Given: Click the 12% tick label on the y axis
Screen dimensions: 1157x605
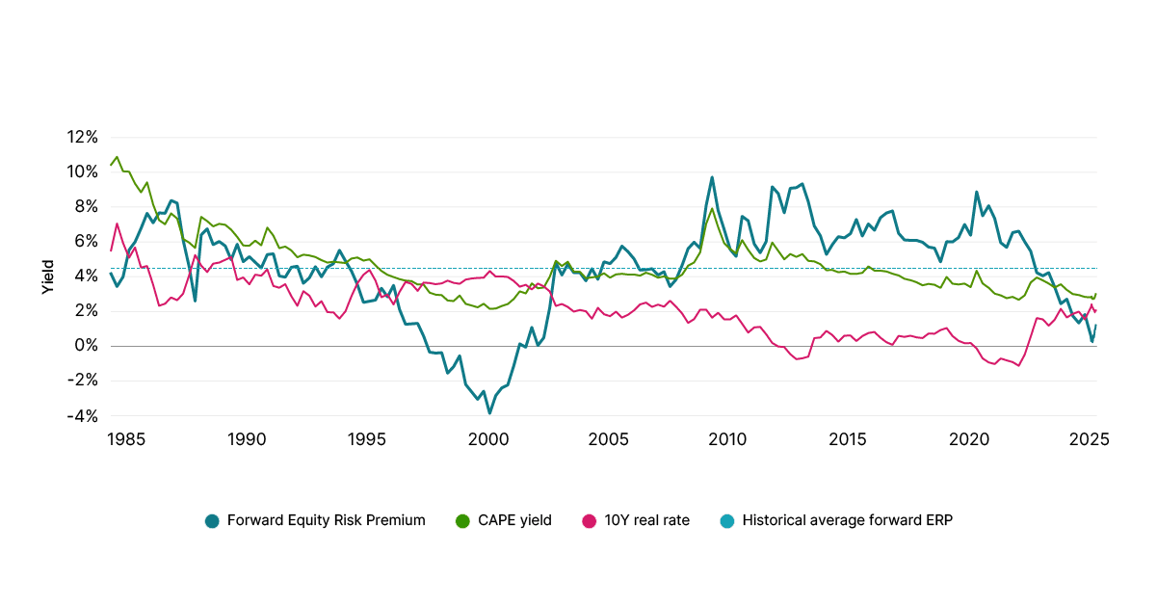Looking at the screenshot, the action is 82,137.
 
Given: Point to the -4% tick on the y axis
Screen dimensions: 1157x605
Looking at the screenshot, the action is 82,416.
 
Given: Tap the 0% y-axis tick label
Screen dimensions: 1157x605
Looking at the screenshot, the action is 87,345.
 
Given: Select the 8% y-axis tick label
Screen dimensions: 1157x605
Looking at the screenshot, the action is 87,207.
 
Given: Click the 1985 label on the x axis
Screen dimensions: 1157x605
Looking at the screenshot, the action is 126,439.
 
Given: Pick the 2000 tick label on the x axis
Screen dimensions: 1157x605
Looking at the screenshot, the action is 488,439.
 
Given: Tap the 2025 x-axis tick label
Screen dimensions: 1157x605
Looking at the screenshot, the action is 1090,439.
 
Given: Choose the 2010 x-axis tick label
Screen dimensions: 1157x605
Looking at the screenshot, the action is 727,439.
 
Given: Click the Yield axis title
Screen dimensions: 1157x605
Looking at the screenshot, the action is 48,276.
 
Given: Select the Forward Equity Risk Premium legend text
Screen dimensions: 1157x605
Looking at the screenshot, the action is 326,520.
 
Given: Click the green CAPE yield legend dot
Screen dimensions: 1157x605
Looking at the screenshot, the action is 462,521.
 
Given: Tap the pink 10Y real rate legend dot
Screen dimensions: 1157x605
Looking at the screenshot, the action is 590,521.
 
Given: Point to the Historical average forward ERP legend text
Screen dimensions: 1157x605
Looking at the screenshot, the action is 847,520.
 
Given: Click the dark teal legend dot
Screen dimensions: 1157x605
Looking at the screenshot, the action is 212,521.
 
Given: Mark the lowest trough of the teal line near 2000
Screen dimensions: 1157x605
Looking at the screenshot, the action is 489,412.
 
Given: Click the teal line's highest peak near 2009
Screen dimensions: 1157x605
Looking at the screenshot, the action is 712,177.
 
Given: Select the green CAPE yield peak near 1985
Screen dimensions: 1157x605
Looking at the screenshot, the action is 117,156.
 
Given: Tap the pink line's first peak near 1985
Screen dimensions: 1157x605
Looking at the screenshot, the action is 118,224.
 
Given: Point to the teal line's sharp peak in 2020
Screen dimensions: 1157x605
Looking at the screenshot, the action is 977,193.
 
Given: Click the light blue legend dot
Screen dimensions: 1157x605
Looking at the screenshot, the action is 727,521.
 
